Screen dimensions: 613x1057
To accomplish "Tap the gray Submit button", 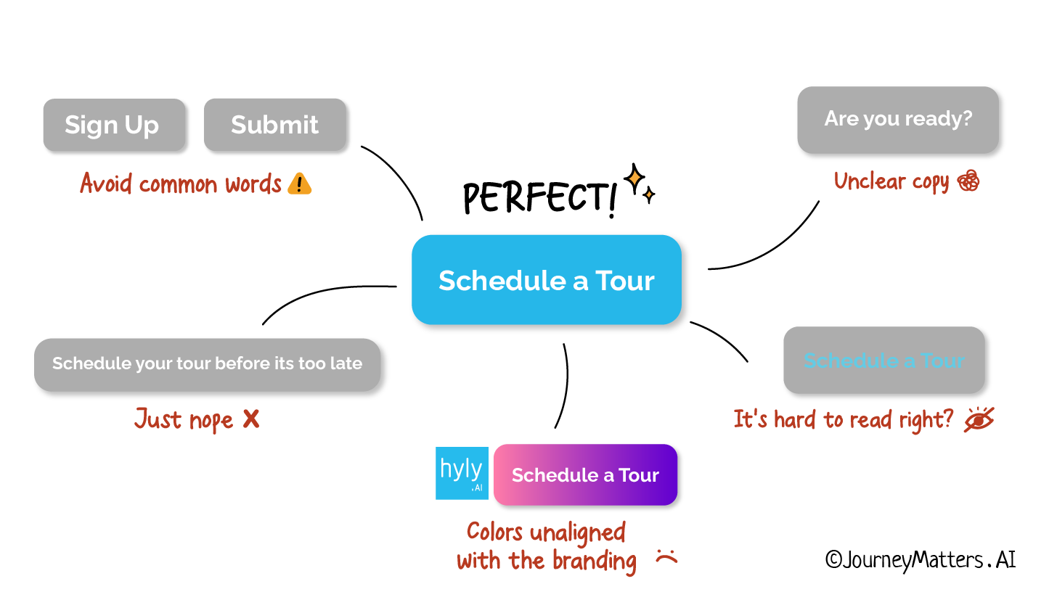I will pyautogui.click(x=274, y=125).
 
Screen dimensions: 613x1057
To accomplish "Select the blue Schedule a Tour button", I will pyautogui.click(x=546, y=280).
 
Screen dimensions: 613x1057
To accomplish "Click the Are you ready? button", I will pyautogui.click(x=897, y=119).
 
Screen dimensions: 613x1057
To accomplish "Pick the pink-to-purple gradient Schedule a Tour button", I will pyautogui.click(x=585, y=474).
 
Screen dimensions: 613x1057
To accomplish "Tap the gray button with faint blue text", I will pyautogui.click(x=883, y=360).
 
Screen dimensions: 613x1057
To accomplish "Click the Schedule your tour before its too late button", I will pyautogui.click(x=207, y=363).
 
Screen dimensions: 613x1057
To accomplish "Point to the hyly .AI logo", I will pyautogui.click(x=462, y=473).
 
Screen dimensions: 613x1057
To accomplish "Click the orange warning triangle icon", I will pyautogui.click(x=299, y=184).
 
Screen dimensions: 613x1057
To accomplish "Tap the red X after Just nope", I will pyautogui.click(x=251, y=419).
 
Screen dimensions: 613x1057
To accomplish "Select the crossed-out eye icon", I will pyautogui.click(x=979, y=419).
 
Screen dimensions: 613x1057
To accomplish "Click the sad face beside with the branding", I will pyautogui.click(x=666, y=557).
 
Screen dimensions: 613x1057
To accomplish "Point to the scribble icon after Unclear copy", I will pyautogui.click(x=968, y=181).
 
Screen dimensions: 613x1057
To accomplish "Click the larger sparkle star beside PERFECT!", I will pyautogui.click(x=635, y=178).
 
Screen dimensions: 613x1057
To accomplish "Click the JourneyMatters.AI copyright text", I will pyautogui.click(x=920, y=559).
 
